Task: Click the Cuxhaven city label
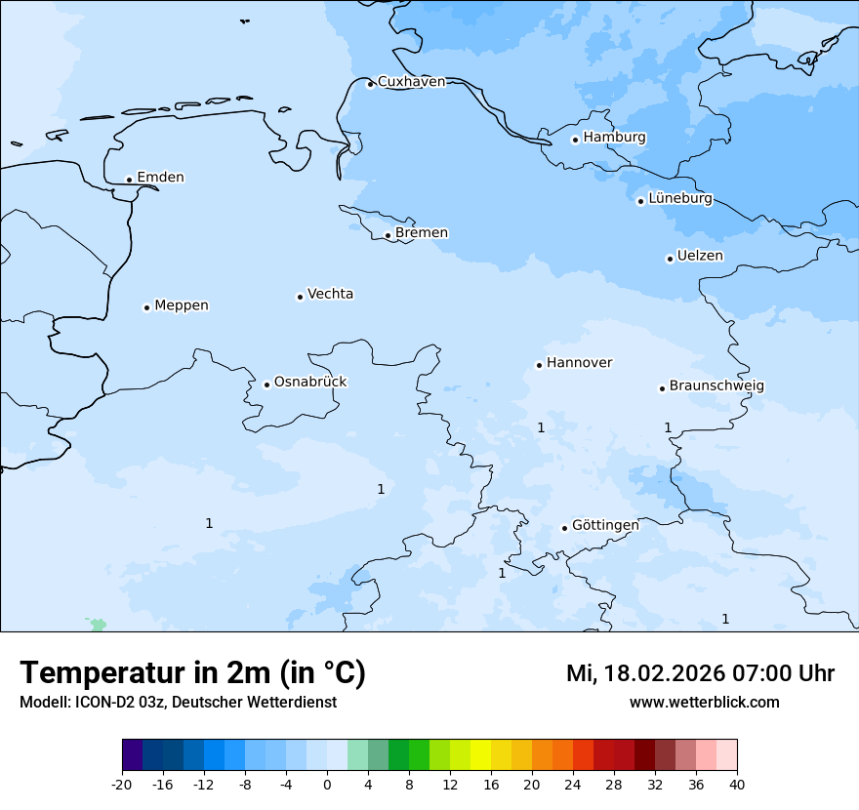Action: (x=411, y=82)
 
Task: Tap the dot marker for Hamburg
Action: (x=575, y=140)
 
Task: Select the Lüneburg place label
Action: (x=679, y=198)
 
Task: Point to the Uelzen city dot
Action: (x=670, y=259)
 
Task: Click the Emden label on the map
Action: (x=160, y=177)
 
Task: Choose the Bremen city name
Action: (x=421, y=232)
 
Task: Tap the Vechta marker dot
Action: (x=300, y=297)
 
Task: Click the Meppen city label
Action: (x=181, y=305)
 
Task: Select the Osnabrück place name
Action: (x=309, y=382)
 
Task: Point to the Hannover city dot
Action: (x=539, y=365)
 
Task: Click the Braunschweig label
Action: (x=716, y=385)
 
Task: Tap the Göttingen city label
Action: (x=604, y=525)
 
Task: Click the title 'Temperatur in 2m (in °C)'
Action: (x=192, y=673)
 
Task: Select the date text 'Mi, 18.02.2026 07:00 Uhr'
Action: (x=700, y=673)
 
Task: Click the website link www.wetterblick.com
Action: (x=704, y=703)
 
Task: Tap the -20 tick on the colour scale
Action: (x=122, y=785)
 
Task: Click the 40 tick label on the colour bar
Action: (x=737, y=785)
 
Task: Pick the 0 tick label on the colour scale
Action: (x=327, y=785)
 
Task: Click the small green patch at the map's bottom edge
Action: (x=98, y=625)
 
